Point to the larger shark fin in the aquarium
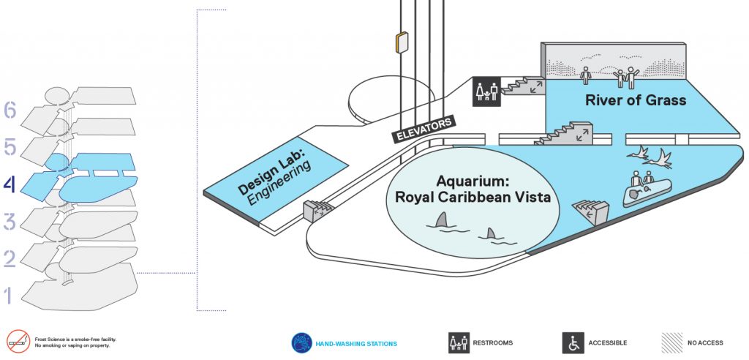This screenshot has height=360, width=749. click(443, 220)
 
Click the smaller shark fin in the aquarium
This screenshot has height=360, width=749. click(491, 233)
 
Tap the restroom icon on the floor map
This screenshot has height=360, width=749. click(486, 91)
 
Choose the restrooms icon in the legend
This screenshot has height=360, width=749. click(459, 342)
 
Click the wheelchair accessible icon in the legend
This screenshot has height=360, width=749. click(573, 342)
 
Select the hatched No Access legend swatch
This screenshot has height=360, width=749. click(671, 342)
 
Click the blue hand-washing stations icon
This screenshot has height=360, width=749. click(302, 342)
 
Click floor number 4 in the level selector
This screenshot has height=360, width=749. click(10, 185)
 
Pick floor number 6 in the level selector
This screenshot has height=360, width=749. click(10, 111)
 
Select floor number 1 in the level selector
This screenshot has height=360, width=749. click(7, 296)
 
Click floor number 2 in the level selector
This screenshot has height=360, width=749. click(10, 259)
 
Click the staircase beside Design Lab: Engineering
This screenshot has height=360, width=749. click(316, 210)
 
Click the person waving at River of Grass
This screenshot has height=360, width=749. click(631, 78)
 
